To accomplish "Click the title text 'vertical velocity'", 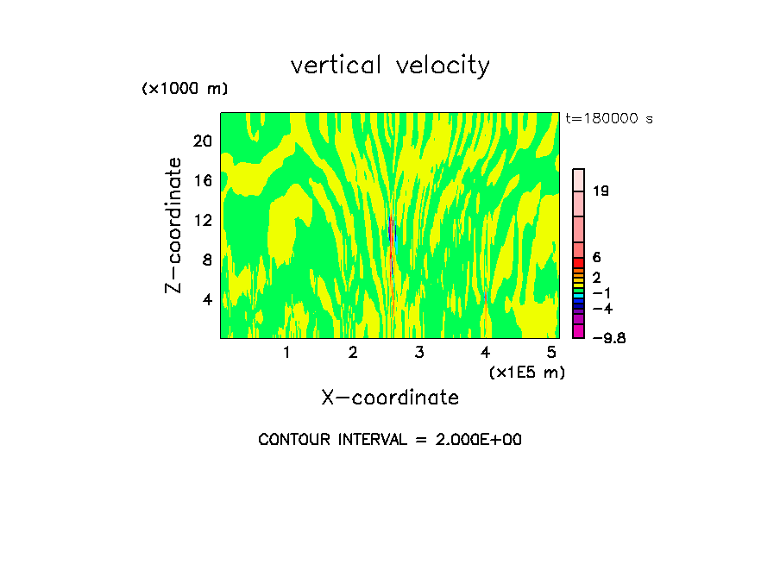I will point(390,66).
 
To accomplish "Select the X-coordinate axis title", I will point(390,398).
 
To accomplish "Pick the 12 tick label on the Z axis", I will point(202,220).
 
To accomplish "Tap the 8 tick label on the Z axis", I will point(205,260).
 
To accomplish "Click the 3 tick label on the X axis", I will point(418,353).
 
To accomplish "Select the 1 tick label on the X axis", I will point(286,353).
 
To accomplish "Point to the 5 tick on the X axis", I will point(551,353).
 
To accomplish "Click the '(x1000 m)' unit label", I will point(185,90).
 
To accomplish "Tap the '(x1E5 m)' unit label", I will point(526,372).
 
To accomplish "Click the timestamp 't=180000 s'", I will point(608,118).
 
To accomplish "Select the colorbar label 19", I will point(601,191).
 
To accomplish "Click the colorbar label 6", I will point(596,257).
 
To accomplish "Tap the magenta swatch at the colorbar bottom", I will point(579,331).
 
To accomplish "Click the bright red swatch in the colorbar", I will point(579,263).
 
